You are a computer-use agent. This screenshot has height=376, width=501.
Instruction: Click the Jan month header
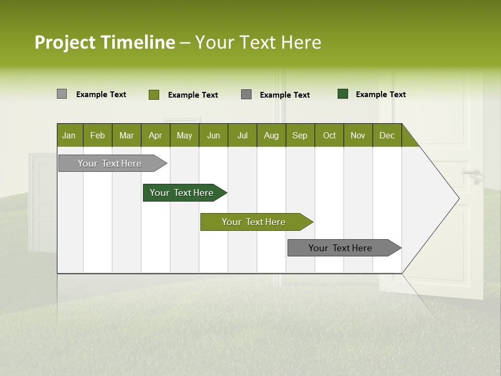[x=69, y=135]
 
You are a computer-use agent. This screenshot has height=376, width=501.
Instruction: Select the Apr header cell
[x=156, y=135]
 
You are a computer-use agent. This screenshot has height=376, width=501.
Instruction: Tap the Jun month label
[x=213, y=135]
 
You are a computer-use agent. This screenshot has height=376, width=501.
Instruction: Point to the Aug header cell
[x=271, y=135]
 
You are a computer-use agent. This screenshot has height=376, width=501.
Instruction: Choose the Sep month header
[x=300, y=135]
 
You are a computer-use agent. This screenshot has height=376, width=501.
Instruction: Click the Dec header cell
[x=387, y=135]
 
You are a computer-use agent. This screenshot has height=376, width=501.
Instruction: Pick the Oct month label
[x=329, y=135]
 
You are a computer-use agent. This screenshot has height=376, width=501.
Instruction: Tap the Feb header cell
[x=98, y=135]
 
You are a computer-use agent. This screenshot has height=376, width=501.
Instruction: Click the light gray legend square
[x=62, y=94]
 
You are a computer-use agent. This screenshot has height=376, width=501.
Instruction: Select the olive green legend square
[x=154, y=95]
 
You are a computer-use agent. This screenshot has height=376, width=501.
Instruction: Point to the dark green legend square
[x=343, y=94]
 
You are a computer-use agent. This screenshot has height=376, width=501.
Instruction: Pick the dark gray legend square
[x=246, y=95]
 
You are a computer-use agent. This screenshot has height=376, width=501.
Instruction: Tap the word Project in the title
[x=65, y=42]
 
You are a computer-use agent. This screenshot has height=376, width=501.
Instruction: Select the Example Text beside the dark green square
[x=380, y=95]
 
